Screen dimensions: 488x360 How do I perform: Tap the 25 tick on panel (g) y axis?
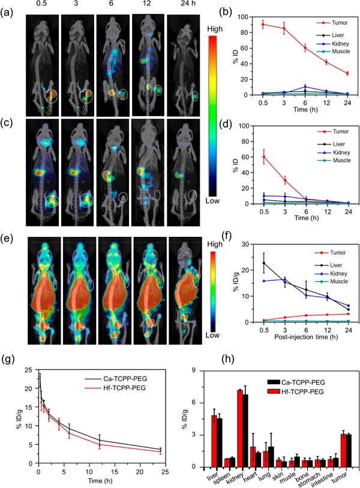(x=28, y=370)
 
